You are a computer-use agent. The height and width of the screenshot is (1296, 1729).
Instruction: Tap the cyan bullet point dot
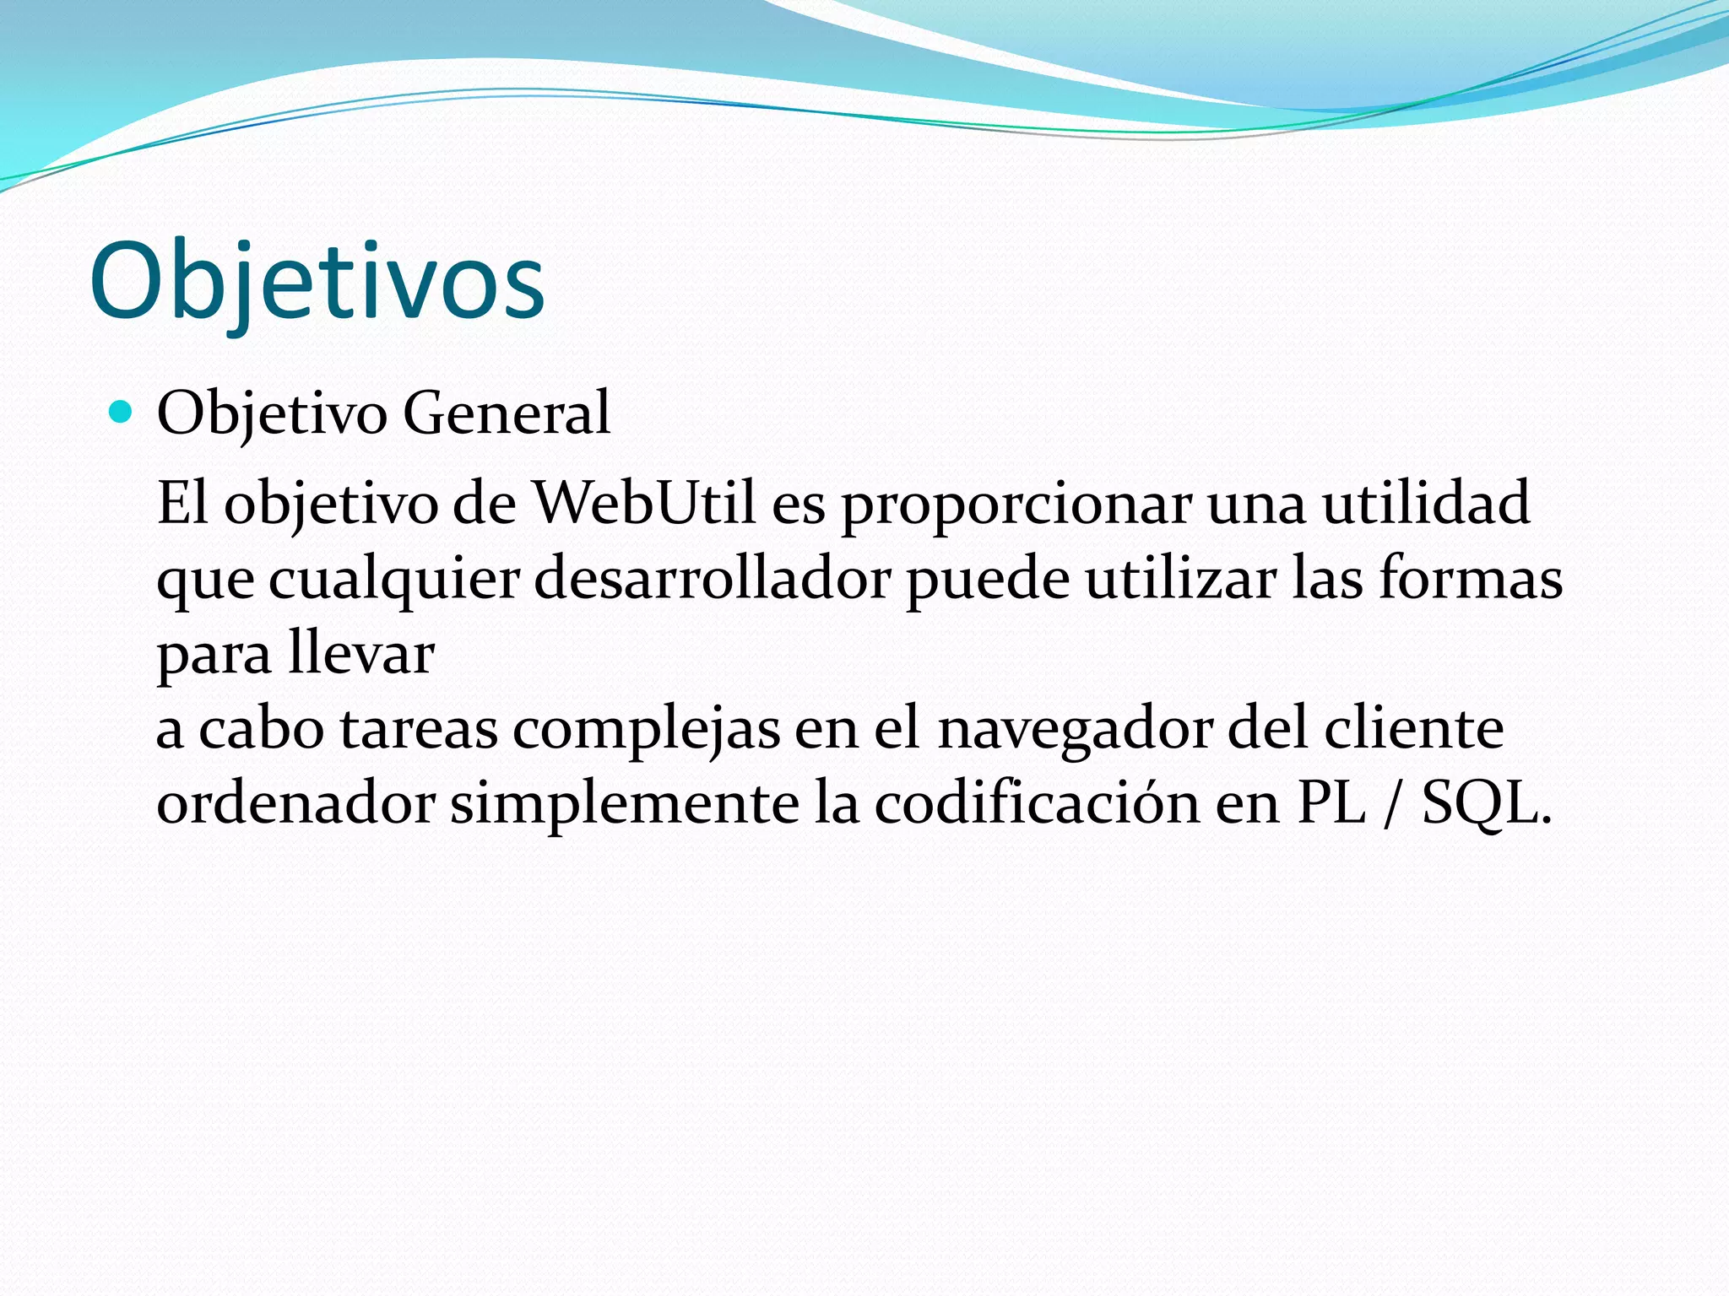tap(122, 412)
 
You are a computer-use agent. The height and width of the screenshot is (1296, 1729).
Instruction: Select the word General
tap(506, 413)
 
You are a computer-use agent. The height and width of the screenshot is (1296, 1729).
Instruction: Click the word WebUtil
tap(644, 504)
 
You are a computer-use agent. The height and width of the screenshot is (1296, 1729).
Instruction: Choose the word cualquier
tap(393, 581)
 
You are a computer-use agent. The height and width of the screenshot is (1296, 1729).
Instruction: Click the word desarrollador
tap(713, 580)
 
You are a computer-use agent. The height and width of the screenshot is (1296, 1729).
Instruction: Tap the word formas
tap(1471, 580)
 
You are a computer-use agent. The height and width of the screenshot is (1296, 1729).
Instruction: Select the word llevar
tap(360, 654)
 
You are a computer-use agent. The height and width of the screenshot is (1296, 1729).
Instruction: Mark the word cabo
tap(261, 729)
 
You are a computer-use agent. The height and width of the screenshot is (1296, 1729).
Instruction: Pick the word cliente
tap(1413, 729)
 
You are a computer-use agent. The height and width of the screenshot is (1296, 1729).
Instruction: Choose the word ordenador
tap(295, 803)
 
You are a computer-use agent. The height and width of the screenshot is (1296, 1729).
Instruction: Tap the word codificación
tap(1037, 803)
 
